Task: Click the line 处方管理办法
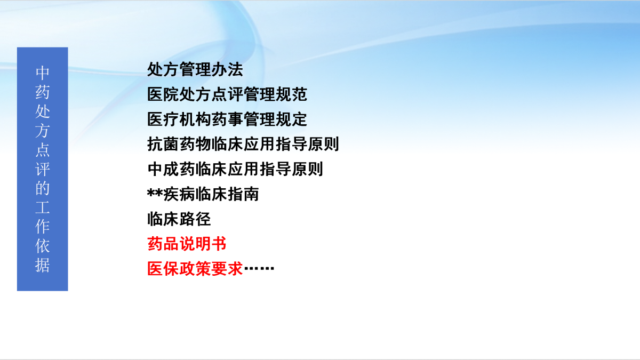pyautogui.click(x=195, y=69)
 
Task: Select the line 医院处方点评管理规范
pyautogui.click(x=227, y=94)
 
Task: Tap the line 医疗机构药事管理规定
pyautogui.click(x=227, y=119)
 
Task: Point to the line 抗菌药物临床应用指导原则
pyautogui.click(x=243, y=144)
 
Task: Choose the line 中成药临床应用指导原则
pyautogui.click(x=235, y=169)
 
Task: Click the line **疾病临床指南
pyautogui.click(x=203, y=194)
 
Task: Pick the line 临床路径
pyautogui.click(x=179, y=219)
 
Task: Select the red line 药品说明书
pyautogui.click(x=187, y=244)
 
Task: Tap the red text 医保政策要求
pyautogui.click(x=195, y=269)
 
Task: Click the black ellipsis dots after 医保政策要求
pyautogui.click(x=259, y=268)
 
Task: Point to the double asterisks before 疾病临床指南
pyautogui.click(x=155, y=193)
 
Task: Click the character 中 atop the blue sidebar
pyautogui.click(x=43, y=73)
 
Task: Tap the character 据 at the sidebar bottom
pyautogui.click(x=43, y=265)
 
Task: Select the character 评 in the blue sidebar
pyautogui.click(x=43, y=169)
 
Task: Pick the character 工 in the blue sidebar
pyautogui.click(x=43, y=207)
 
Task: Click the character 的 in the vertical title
pyautogui.click(x=43, y=188)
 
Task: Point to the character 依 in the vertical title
pyautogui.click(x=43, y=246)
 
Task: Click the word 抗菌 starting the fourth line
pyautogui.click(x=163, y=144)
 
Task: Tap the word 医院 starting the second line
pyautogui.click(x=163, y=94)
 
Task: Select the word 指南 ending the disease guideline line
pyautogui.click(x=243, y=194)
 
